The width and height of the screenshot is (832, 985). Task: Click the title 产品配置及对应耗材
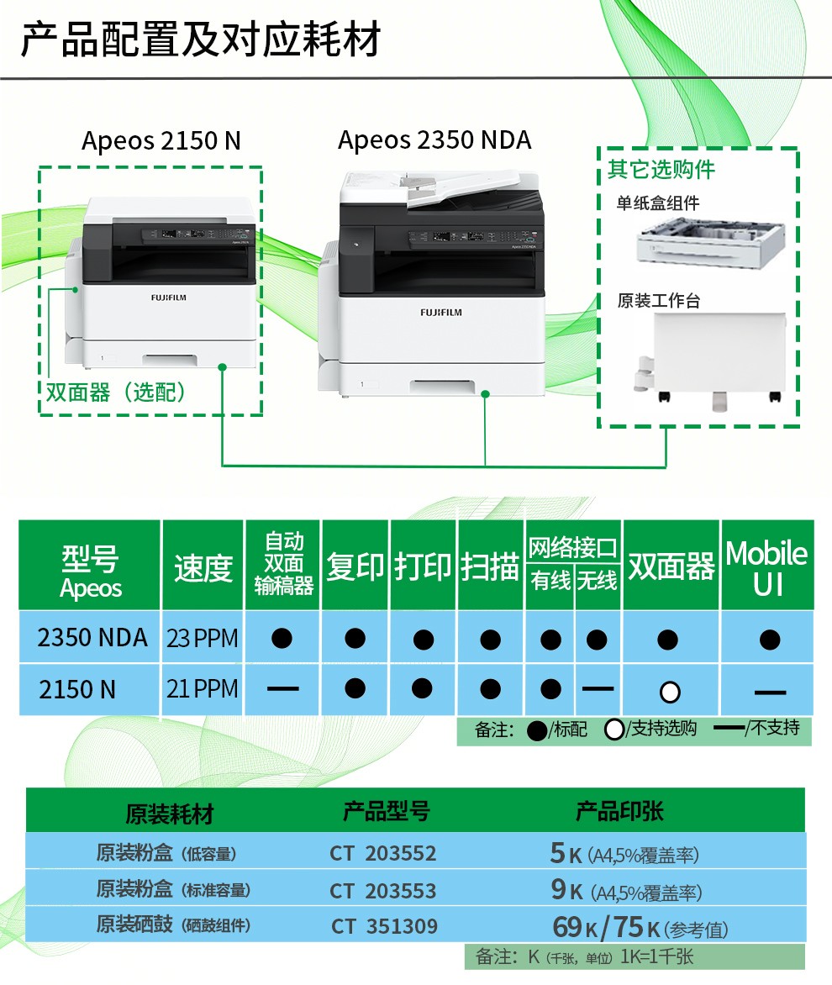point(200,39)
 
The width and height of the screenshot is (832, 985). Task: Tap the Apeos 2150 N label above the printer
point(161,140)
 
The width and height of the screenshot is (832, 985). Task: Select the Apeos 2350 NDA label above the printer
point(434,140)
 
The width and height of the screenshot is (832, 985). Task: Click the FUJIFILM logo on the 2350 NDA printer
point(441,312)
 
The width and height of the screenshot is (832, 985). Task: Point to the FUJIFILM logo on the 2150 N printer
point(168,298)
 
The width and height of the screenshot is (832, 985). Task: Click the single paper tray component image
point(710,243)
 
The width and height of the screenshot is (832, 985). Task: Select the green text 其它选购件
point(661,169)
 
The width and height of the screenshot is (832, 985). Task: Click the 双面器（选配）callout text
point(116,392)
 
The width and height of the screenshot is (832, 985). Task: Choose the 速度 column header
point(203,568)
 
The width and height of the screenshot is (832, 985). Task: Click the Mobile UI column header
point(766,568)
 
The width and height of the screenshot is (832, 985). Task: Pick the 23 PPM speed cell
point(203,638)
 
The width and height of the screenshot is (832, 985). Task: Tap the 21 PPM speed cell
point(203,689)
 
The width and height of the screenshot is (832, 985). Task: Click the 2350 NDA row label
point(92,638)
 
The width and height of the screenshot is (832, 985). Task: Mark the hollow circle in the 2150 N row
point(670,692)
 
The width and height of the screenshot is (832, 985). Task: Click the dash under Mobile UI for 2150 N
point(770,693)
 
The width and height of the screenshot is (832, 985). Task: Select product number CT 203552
point(383,854)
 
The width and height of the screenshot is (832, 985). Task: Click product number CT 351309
point(384,926)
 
